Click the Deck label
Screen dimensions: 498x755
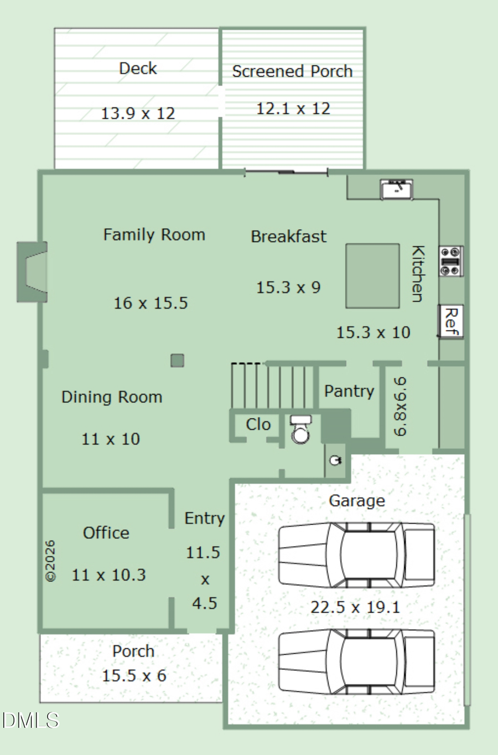(138, 69)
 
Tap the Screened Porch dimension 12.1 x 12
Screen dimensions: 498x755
(293, 109)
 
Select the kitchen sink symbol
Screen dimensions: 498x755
(397, 189)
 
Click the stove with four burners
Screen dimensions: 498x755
(451, 261)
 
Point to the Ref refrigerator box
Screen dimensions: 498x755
(450, 321)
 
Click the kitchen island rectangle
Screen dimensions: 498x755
(373, 276)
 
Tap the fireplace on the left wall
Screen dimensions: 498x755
(32, 271)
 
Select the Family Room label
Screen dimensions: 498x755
(154, 235)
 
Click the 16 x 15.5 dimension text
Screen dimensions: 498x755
(151, 303)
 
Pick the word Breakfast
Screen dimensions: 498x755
(289, 237)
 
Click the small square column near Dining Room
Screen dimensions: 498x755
(178, 360)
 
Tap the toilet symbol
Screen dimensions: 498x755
(300, 429)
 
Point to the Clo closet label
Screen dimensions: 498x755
(258, 424)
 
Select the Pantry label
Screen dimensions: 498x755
(349, 391)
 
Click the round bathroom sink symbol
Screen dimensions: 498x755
(335, 460)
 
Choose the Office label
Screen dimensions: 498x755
(106, 533)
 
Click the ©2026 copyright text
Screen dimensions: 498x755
(50, 561)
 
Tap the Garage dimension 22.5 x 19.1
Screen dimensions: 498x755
(355, 607)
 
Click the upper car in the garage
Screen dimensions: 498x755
(356, 555)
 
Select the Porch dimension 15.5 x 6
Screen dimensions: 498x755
(134, 675)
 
